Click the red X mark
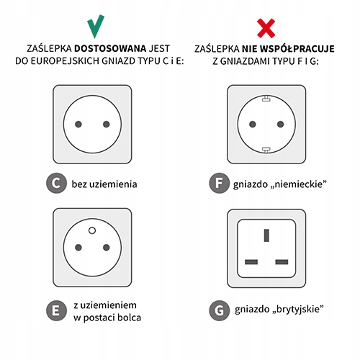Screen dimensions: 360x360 (x=266, y=28)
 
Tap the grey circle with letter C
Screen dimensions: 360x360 (x=56, y=183)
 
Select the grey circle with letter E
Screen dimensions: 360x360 (x=56, y=310)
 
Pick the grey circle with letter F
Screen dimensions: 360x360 (x=220, y=183)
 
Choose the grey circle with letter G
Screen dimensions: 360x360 (x=220, y=310)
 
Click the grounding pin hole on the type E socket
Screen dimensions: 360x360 (x=92, y=230)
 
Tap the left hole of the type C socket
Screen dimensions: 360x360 (x=78, y=125)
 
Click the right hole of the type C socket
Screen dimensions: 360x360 (x=107, y=125)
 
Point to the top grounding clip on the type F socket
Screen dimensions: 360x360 (x=266, y=99)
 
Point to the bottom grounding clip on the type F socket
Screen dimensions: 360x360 (x=266, y=150)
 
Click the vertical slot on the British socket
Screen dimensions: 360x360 (x=266, y=235)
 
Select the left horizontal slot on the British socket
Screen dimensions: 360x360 (x=251, y=262)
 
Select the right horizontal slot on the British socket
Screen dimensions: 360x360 (x=282, y=262)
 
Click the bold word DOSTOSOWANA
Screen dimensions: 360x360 (x=110, y=48)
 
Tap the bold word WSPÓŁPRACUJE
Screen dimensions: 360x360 (x=297, y=49)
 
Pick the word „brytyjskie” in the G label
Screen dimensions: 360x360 (x=297, y=309)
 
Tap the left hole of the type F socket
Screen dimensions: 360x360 (x=253, y=125)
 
